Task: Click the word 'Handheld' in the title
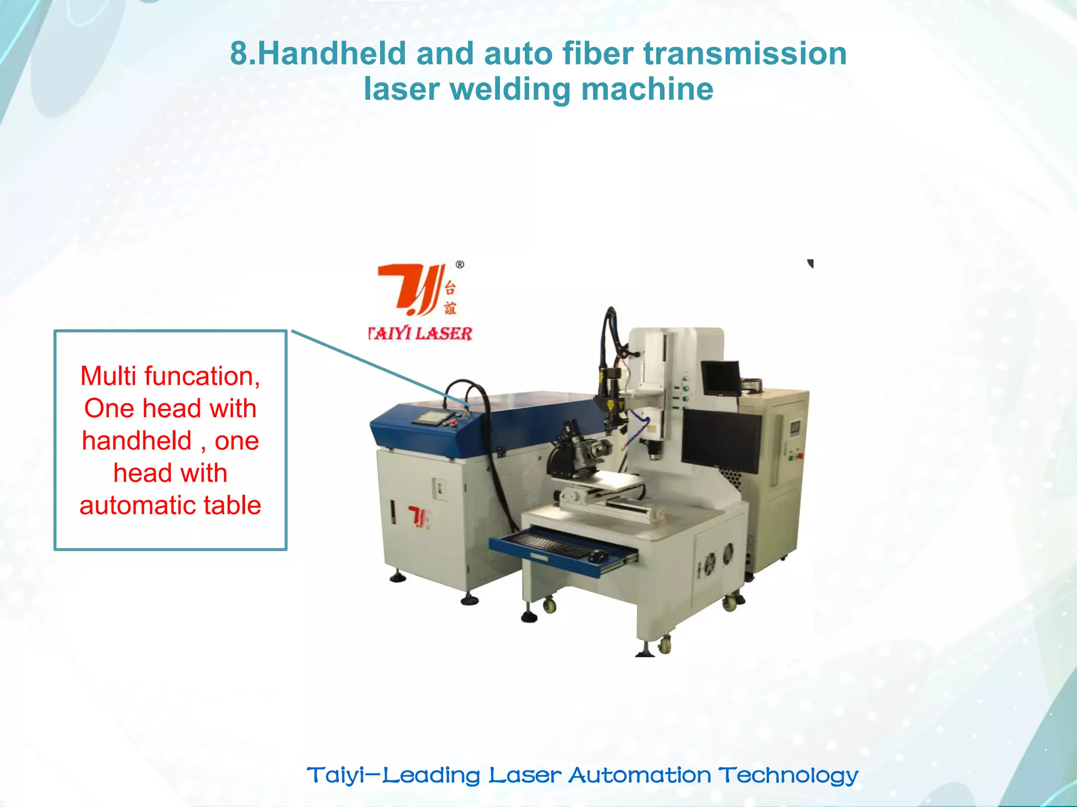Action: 332,54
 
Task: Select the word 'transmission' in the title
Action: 745,54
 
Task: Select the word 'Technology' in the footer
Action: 788,775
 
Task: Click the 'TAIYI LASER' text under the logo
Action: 420,334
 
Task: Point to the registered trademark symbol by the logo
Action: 460,265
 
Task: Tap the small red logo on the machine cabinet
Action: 419,517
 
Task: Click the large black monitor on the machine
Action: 721,440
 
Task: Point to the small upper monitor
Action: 720,378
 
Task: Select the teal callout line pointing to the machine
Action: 379,368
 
